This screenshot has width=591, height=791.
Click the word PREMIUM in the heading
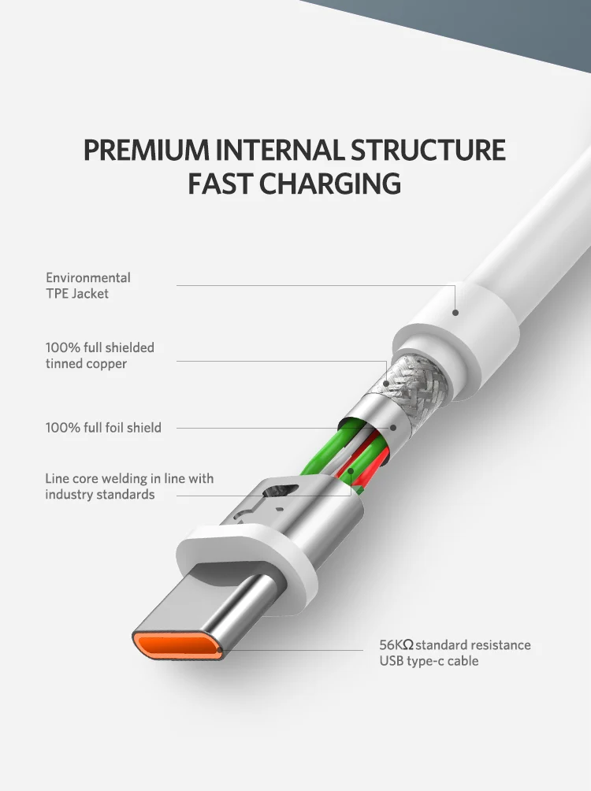146,150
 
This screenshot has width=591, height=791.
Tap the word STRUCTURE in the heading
428,150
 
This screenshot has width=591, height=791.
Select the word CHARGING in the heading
330,183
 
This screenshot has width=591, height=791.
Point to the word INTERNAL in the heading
280,150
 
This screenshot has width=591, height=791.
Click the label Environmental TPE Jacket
88,285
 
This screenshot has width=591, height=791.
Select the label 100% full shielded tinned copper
100,355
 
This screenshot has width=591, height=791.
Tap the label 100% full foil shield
103,428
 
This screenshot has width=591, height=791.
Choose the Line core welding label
129,486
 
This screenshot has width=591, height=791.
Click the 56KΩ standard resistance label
455,653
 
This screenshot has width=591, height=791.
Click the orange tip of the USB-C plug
177,646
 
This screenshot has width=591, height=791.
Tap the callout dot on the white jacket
455,313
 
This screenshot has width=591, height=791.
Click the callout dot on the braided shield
386,384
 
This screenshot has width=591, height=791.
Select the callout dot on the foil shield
393,428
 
